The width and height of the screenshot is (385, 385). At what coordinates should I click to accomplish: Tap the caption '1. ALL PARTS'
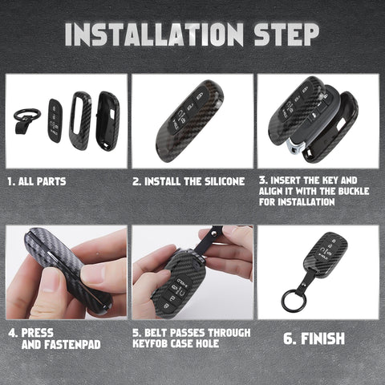pos(37,182)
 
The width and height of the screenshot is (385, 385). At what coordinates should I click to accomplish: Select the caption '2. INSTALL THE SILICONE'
pos(188,182)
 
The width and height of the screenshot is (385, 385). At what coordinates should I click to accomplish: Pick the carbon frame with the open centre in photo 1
pos(80,120)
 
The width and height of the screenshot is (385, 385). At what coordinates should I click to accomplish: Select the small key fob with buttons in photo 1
pos(55,120)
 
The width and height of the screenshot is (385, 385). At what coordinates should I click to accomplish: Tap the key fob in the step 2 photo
pos(189,119)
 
